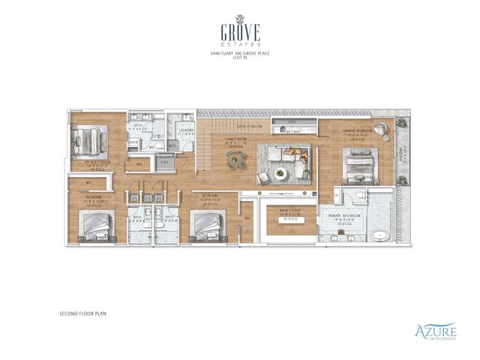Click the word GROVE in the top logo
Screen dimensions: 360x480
tap(240, 33)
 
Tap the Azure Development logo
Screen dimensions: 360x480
tap(435, 331)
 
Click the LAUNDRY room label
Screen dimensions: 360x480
tap(187, 131)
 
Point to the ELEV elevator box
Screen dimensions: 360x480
tap(163, 162)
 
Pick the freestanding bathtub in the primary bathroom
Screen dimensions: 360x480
tap(380, 236)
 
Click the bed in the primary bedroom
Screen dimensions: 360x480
tap(359, 163)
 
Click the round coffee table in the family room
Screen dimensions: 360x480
tap(280, 173)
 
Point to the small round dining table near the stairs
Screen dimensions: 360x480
tap(235, 157)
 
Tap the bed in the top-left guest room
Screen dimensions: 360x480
tap(88, 140)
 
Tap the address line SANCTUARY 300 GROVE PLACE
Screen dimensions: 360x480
tap(240, 55)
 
